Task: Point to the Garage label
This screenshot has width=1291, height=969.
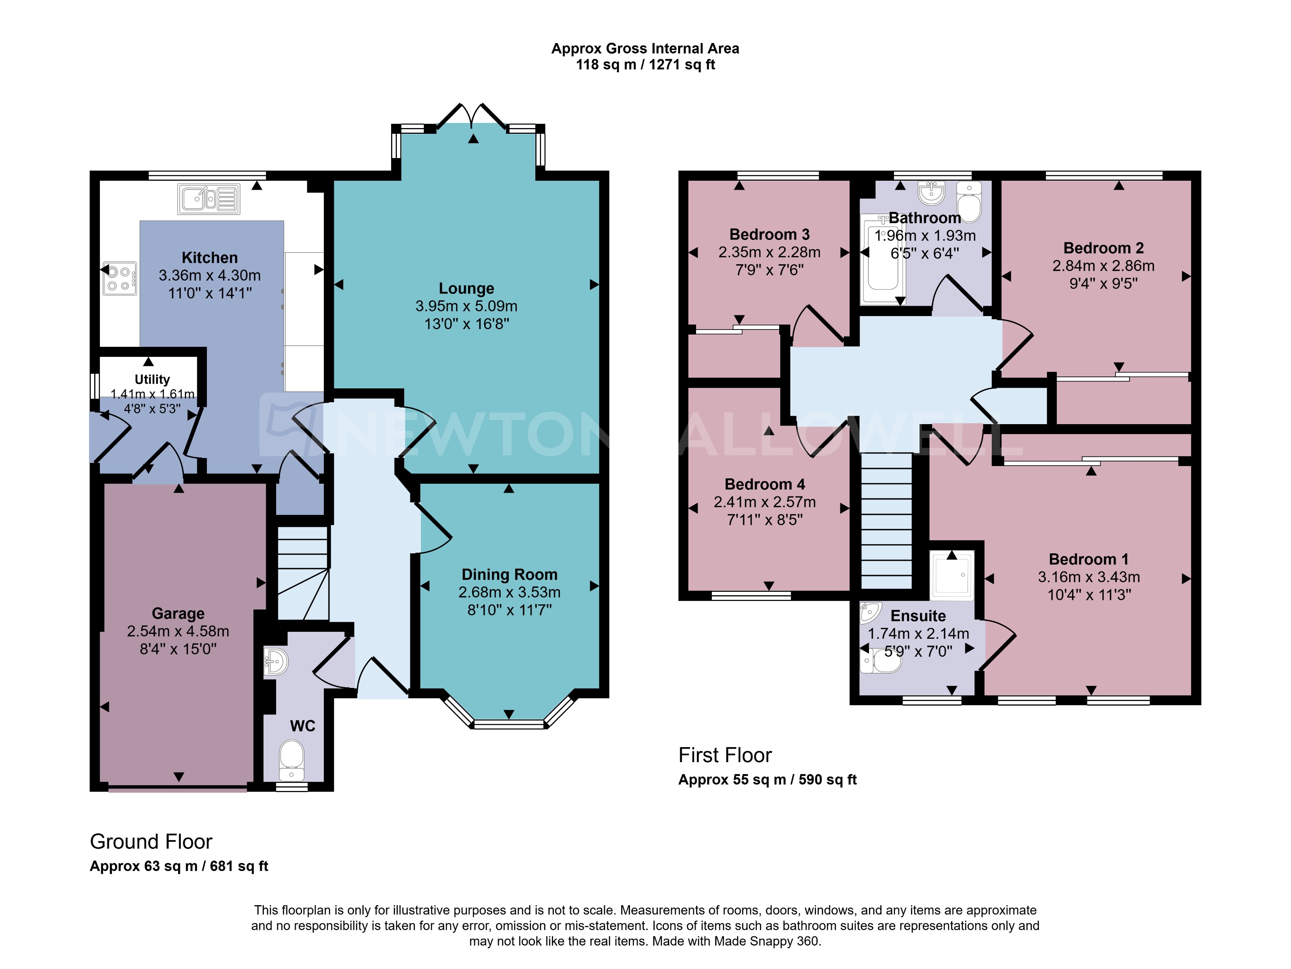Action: pyautogui.click(x=178, y=613)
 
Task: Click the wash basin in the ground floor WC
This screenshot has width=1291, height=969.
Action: pyautogui.click(x=275, y=662)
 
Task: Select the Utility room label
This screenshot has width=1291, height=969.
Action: pyautogui.click(x=152, y=380)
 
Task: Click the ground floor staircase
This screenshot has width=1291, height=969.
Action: pyautogui.click(x=302, y=572)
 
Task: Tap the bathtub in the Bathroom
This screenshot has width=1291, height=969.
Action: pyautogui.click(x=883, y=260)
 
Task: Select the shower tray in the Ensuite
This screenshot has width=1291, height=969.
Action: pyautogui.click(x=951, y=575)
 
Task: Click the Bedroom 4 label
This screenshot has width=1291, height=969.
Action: pyautogui.click(x=765, y=484)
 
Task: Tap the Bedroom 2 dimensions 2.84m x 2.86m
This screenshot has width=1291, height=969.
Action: pyautogui.click(x=1103, y=266)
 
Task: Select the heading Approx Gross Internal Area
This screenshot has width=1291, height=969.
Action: pyautogui.click(x=645, y=48)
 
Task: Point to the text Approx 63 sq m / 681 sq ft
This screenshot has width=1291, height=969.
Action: pyautogui.click(x=178, y=866)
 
